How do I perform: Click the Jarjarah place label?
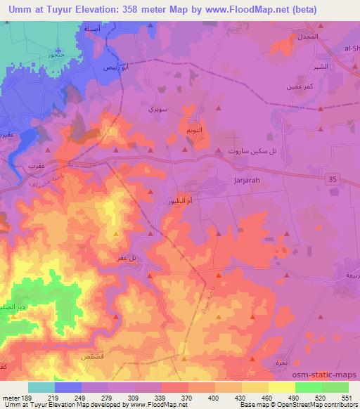(247, 180)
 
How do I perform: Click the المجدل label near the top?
(308, 36)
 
